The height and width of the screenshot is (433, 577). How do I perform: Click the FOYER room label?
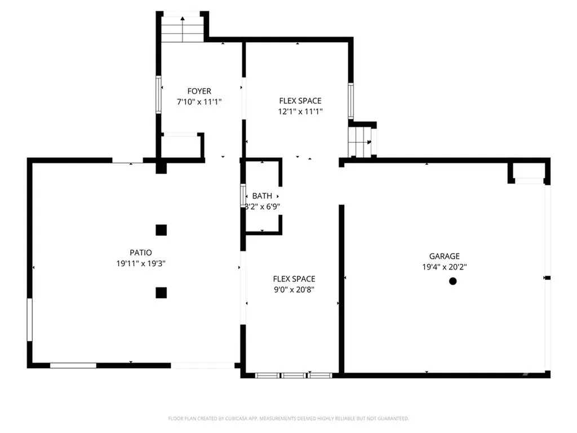point(199,91)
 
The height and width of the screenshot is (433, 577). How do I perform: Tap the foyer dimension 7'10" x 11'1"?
point(199,102)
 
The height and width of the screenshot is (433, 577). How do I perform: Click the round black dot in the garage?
point(452,281)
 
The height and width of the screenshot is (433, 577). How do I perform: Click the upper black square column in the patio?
point(161,229)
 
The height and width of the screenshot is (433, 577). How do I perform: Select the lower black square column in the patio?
point(161,292)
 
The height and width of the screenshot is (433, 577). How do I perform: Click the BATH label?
point(261,196)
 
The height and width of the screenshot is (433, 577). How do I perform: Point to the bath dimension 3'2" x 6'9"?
point(261,207)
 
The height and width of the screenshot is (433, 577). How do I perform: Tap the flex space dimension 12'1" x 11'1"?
point(300,112)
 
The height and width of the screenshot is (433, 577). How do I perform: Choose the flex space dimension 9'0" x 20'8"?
point(294,290)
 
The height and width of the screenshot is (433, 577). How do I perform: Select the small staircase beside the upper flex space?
point(360,142)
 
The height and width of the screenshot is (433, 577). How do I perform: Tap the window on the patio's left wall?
point(29,320)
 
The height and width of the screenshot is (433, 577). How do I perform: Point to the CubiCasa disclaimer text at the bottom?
point(288,418)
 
